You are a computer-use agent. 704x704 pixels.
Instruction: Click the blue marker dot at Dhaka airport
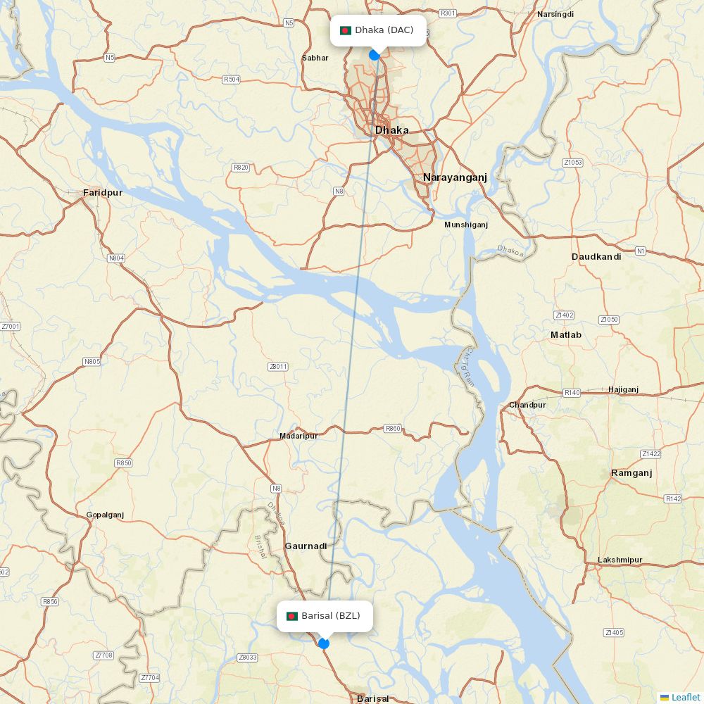click(375, 54)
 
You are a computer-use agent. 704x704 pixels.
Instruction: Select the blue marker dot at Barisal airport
click(324, 643)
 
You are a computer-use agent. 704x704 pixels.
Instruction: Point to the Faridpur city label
click(103, 192)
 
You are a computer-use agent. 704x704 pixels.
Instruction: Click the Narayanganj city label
click(455, 177)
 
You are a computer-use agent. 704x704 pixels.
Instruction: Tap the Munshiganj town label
click(466, 225)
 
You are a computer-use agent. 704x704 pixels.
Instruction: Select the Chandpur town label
click(527, 405)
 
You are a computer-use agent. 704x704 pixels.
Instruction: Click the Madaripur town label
click(298, 436)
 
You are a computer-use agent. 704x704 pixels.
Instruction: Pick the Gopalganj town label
click(105, 515)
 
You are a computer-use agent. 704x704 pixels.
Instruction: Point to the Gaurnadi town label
click(306, 546)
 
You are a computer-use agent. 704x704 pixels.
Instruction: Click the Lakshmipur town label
click(620, 560)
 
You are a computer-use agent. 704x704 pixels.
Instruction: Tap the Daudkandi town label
click(596, 257)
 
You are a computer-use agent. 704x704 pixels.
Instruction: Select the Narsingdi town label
click(555, 14)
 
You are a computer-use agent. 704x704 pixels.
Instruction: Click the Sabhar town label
click(315, 58)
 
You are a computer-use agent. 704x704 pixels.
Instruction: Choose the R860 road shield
click(393, 428)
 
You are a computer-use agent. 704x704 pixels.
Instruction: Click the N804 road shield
click(116, 258)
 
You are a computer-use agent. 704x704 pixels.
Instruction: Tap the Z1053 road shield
click(572, 163)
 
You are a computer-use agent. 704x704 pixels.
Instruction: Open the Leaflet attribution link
click(685, 697)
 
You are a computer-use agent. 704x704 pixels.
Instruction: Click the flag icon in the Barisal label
click(291, 616)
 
